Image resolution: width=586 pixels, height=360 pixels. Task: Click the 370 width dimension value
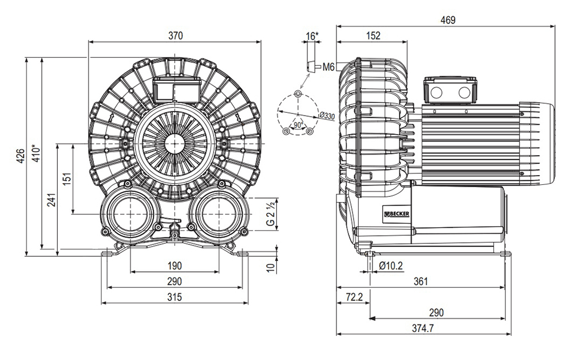pos(175,35)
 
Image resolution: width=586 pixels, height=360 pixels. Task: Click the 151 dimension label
pos(67,179)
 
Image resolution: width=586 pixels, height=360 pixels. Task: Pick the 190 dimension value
pos(175,266)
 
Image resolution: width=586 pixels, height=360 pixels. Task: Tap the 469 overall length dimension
pos(448,20)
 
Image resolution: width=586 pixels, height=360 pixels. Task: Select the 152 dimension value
pos(373,35)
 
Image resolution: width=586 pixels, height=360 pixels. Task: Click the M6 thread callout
pos(328,67)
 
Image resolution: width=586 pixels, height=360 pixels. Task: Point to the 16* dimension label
pos(312,36)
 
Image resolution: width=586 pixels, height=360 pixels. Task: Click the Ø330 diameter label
pos(327,117)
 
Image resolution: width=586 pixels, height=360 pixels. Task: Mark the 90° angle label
pos(298,123)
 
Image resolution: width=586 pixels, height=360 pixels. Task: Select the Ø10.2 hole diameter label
pos(391,266)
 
